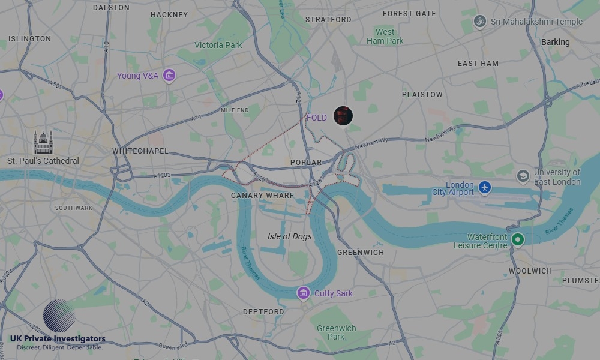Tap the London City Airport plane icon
485,188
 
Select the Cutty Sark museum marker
304,293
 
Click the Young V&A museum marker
169,76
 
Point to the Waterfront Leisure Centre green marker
517,239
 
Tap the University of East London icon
523,176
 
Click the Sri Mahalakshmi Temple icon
479,22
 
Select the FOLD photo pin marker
343,115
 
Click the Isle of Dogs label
289,236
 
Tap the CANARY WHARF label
263,196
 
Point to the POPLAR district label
306,163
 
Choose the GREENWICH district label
361,253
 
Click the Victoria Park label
218,45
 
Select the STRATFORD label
328,20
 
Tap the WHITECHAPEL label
140,151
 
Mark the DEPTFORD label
263,312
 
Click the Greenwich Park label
336,332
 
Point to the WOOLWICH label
530,271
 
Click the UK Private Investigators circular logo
59,316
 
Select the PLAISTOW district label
422,95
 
